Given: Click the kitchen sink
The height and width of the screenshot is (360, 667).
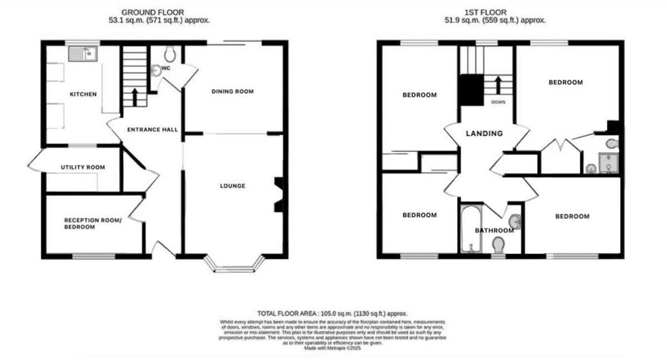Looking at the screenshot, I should [x=83, y=54].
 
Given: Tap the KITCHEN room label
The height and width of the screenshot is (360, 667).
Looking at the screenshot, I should [x=83, y=94].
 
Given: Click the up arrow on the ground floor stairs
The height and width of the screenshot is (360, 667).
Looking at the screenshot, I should [x=135, y=96].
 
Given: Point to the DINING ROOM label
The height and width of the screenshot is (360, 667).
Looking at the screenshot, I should [x=232, y=91].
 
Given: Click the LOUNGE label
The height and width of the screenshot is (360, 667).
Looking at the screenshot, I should [x=232, y=186].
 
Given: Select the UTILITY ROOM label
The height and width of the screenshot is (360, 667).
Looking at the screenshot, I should [x=83, y=167].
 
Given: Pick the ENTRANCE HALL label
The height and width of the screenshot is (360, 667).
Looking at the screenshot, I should [x=152, y=129].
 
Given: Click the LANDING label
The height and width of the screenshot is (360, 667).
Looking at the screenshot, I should [x=484, y=133].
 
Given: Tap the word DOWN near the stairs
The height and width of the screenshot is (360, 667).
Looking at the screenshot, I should [x=498, y=102].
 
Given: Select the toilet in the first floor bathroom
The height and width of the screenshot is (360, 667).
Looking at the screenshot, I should [x=499, y=244].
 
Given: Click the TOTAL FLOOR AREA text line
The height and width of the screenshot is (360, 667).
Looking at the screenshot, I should [x=336, y=314].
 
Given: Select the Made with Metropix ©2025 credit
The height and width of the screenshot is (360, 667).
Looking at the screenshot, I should [x=335, y=348].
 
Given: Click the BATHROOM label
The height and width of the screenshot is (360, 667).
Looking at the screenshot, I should [x=494, y=231].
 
